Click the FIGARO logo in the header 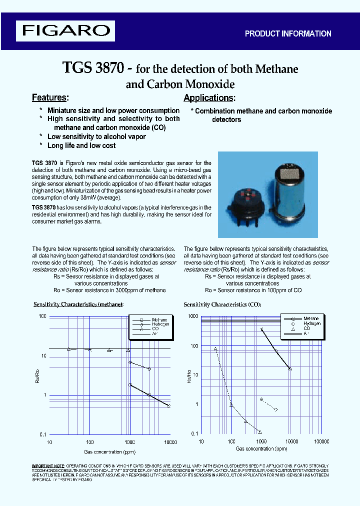tap(65, 30)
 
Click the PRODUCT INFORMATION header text tap(287, 33)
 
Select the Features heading tap(50, 97)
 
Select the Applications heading tap(209, 98)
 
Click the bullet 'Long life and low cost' tap(81, 145)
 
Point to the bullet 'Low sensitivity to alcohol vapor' tap(96, 136)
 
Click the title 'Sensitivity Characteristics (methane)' tap(78, 304)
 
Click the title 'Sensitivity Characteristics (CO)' tap(222, 304)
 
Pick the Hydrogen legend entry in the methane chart tap(160, 324)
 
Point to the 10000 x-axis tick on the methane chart tap(170, 442)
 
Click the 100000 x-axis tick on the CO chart tap(321, 441)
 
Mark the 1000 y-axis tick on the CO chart tap(192, 316)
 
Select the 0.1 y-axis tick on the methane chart tap(42, 434)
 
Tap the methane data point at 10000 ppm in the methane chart tap(169, 406)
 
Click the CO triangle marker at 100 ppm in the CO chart tap(231, 404)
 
